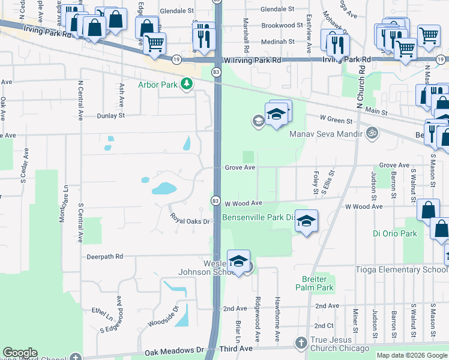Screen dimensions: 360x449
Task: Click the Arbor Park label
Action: coord(158,85)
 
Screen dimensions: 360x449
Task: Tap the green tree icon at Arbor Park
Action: coord(187,85)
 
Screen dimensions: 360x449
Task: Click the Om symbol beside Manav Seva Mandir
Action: coord(372,133)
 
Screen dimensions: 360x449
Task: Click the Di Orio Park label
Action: coord(394,233)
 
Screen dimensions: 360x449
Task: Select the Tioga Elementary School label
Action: coord(401,269)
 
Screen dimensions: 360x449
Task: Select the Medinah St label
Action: coord(278,42)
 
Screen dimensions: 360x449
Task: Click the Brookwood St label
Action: coord(283,26)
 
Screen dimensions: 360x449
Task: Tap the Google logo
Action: coord(20,353)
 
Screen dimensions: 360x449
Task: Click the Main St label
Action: coord(376,112)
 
